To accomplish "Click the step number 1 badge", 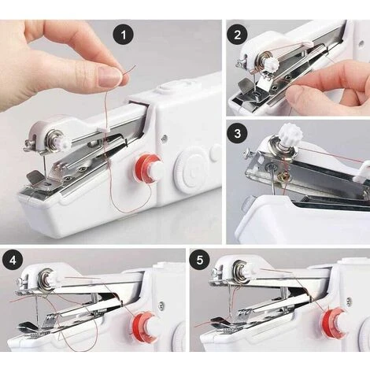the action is pyautogui.click(x=123, y=35).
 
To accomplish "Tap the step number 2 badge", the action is pyautogui.click(x=237, y=35).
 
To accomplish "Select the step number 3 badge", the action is pyautogui.click(x=237, y=133).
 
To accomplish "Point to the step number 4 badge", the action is pyautogui.click(x=13, y=261).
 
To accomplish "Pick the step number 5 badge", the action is pyautogui.click(x=200, y=261).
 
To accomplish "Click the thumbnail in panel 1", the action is pyautogui.click(x=109, y=76).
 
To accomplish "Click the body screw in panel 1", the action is pyautogui.click(x=165, y=138).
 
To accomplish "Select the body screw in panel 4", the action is pyautogui.click(x=161, y=305).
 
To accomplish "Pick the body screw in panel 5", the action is pyautogui.click(x=349, y=301).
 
